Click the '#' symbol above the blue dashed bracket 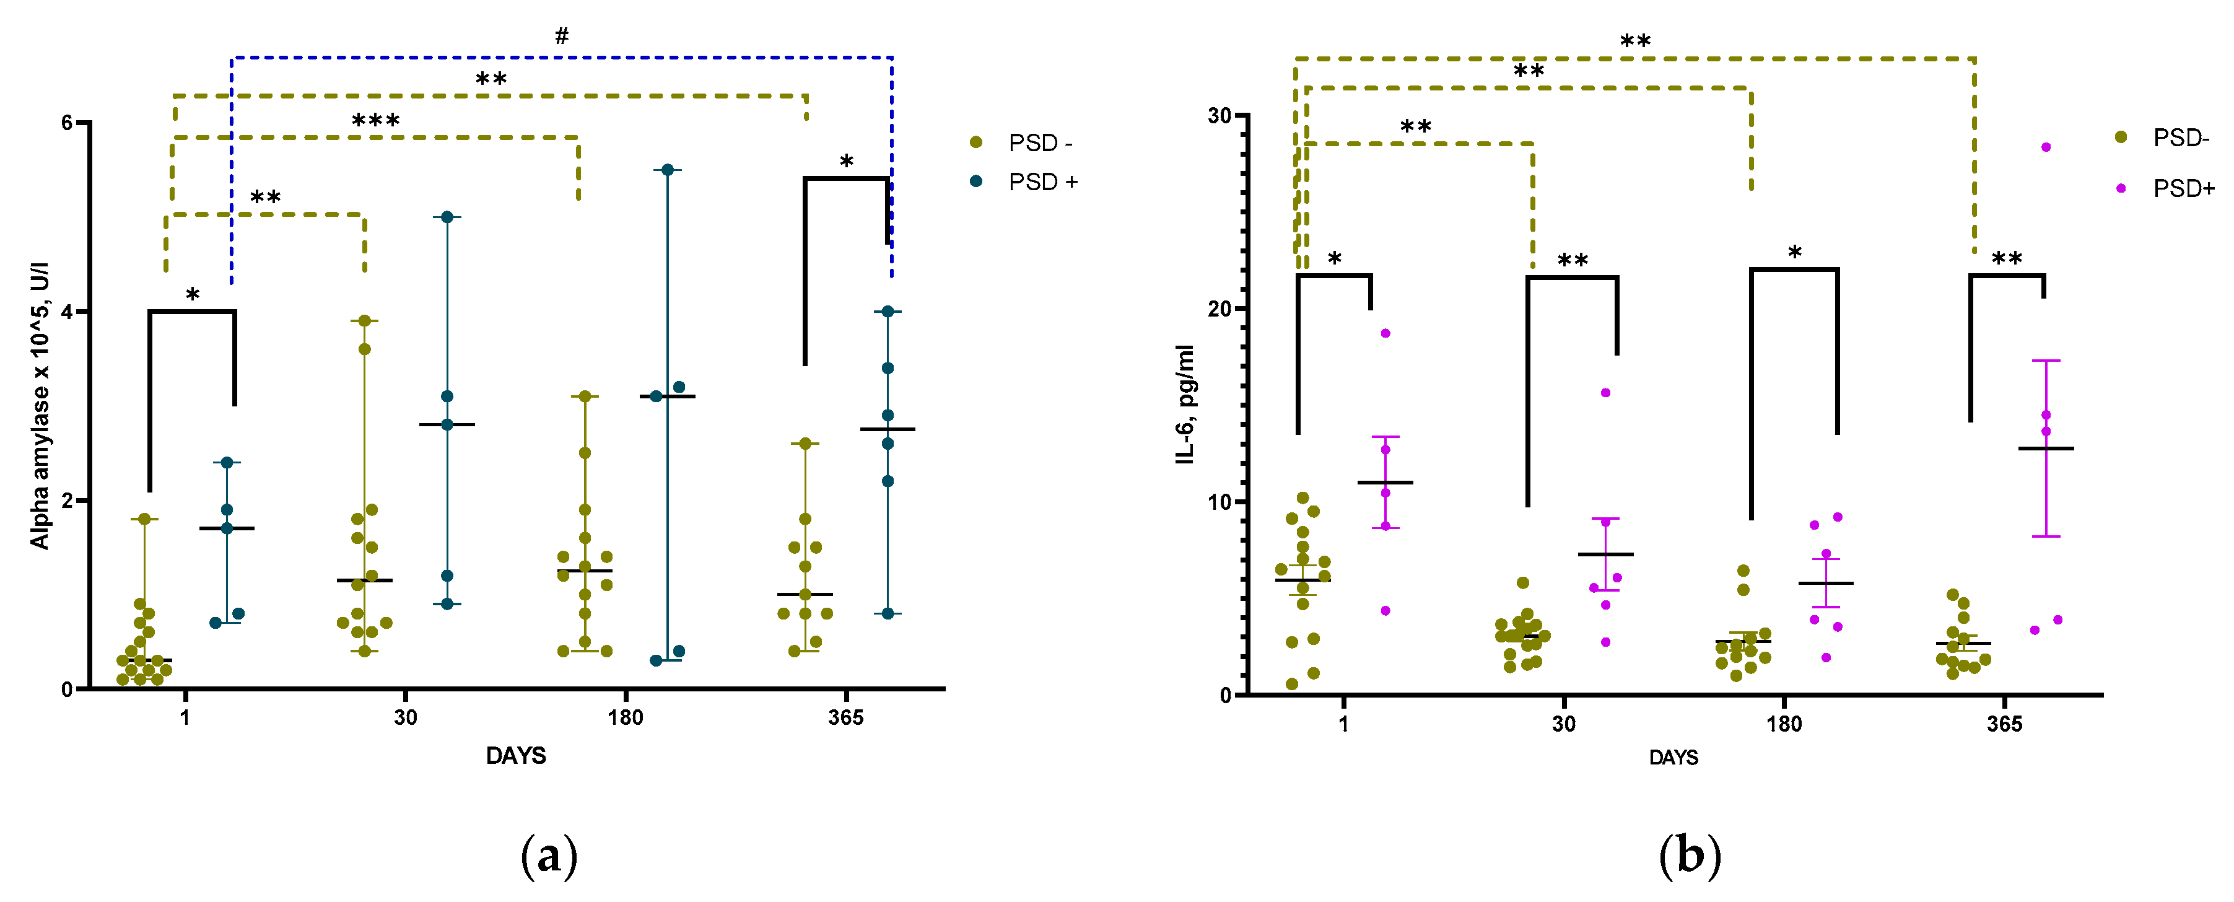tap(562, 35)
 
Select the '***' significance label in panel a tap(375, 121)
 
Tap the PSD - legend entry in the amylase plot tap(1039, 143)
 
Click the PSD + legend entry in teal tap(1042, 182)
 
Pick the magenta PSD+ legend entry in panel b tap(2182, 188)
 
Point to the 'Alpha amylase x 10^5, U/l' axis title tap(40, 405)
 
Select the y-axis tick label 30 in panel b tap(1220, 115)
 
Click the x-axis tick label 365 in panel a tap(845, 718)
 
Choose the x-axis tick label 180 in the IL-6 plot tap(1784, 724)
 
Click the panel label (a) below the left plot tap(549, 857)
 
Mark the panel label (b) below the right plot tap(1690, 857)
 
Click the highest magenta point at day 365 tap(2046, 147)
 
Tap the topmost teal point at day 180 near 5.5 tap(668, 170)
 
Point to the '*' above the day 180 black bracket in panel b tap(1794, 252)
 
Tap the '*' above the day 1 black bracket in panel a tap(193, 295)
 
